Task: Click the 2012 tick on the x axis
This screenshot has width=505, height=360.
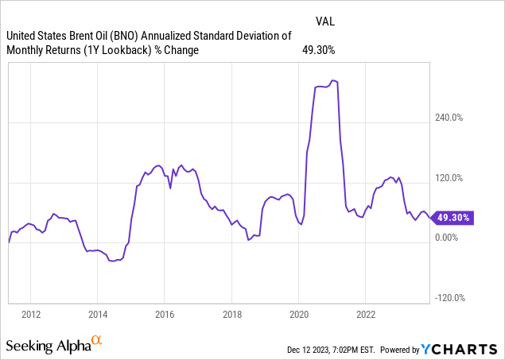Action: [x=31, y=313]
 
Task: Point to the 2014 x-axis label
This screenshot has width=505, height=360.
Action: [x=98, y=313]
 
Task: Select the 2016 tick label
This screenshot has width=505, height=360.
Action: [x=164, y=313]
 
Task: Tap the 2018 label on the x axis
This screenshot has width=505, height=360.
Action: [x=231, y=313]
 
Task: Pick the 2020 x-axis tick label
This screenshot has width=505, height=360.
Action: [x=298, y=313]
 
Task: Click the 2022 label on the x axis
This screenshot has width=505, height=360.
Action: [x=365, y=313]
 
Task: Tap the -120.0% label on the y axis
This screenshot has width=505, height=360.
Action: [x=449, y=298]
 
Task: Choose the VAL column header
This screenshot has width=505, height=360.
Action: [x=324, y=21]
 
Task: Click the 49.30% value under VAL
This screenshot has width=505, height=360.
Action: [x=319, y=50]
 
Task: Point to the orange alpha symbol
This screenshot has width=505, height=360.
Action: [x=97, y=342]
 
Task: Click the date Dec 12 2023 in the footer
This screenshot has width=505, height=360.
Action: [x=316, y=350]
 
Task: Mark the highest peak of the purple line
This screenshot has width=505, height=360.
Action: [x=334, y=80]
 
